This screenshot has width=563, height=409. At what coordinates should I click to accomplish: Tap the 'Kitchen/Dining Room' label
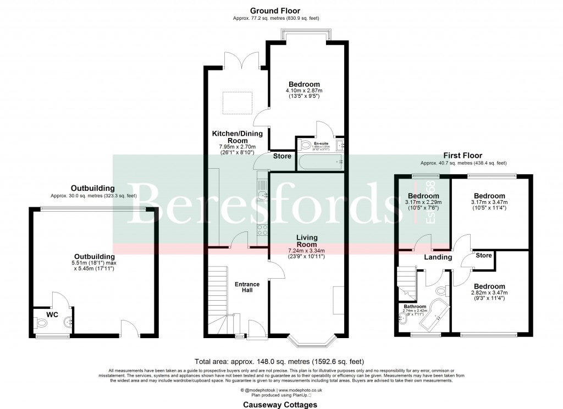click(x=238, y=137)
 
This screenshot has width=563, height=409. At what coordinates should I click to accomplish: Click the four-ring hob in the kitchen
click(x=263, y=230)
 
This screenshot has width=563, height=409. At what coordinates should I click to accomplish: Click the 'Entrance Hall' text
click(x=247, y=287)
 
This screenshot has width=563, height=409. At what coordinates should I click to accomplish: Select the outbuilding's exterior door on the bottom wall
click(x=130, y=329)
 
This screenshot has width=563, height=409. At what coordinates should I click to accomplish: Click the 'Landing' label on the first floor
click(x=438, y=257)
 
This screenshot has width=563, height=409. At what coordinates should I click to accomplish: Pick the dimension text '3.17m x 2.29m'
click(x=423, y=203)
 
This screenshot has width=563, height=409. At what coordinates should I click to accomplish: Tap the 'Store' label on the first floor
click(x=483, y=255)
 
